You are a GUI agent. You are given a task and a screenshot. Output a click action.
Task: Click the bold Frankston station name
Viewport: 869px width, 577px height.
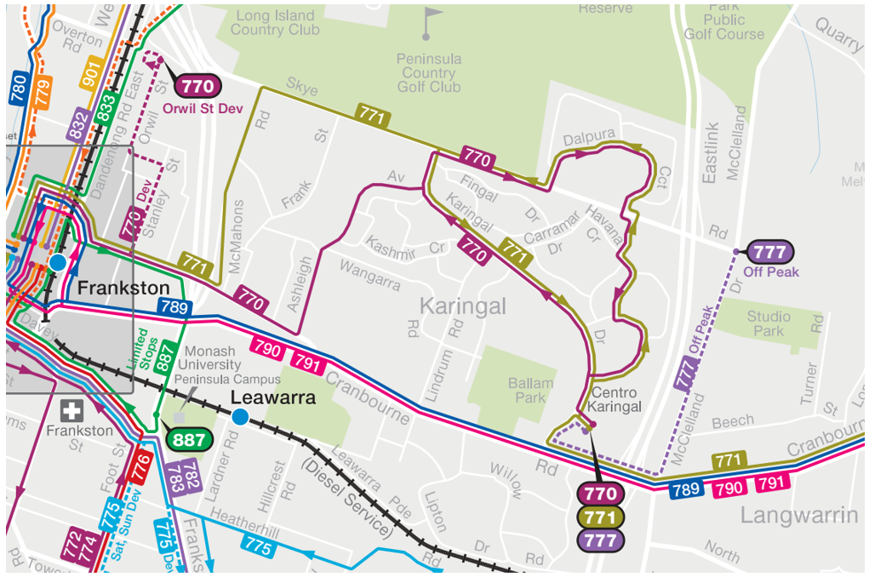[123, 288]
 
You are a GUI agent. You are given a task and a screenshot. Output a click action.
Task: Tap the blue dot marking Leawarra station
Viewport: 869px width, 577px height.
[240, 416]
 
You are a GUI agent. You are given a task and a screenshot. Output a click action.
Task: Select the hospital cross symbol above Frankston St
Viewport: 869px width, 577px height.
[74, 411]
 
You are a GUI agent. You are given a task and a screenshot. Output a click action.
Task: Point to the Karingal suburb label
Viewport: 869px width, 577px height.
[463, 306]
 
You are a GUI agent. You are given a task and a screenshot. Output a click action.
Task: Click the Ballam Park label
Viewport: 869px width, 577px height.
[530, 391]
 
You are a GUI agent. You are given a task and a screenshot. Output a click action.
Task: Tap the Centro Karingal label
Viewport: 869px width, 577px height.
[615, 400]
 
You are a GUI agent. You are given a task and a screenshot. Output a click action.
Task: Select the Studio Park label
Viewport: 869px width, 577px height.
[768, 323]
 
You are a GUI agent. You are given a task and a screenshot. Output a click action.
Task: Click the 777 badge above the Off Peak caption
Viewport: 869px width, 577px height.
[769, 252]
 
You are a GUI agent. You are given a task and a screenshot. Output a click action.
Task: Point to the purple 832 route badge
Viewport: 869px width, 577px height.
[78, 125]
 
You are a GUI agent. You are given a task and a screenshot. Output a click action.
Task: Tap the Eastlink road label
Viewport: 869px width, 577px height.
[712, 153]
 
